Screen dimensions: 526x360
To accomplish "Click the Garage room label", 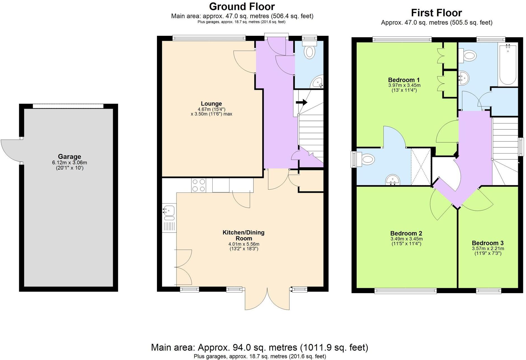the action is tap(69, 157).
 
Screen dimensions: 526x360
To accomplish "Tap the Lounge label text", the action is tap(211, 103).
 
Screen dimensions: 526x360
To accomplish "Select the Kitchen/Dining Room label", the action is tap(243, 235).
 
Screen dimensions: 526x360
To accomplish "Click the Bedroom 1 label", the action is tap(404, 80).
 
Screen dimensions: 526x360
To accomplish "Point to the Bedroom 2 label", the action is tap(406, 233).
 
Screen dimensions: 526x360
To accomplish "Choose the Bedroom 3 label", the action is tap(488, 243).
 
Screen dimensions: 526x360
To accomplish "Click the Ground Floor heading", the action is tap(242, 6).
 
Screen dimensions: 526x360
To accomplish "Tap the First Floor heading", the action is tap(436, 13).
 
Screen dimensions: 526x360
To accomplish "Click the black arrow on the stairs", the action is tap(301, 102).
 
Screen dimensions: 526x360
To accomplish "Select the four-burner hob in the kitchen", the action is tap(199, 185).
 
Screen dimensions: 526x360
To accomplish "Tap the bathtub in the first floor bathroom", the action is tap(508, 64).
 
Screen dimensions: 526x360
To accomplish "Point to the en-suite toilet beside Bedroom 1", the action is tap(365, 160).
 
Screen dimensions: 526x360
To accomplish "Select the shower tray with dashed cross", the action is tap(421, 167).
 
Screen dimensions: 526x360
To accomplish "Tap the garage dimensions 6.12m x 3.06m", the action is tap(69, 163).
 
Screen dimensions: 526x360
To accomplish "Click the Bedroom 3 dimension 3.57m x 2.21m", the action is tap(488, 248).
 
